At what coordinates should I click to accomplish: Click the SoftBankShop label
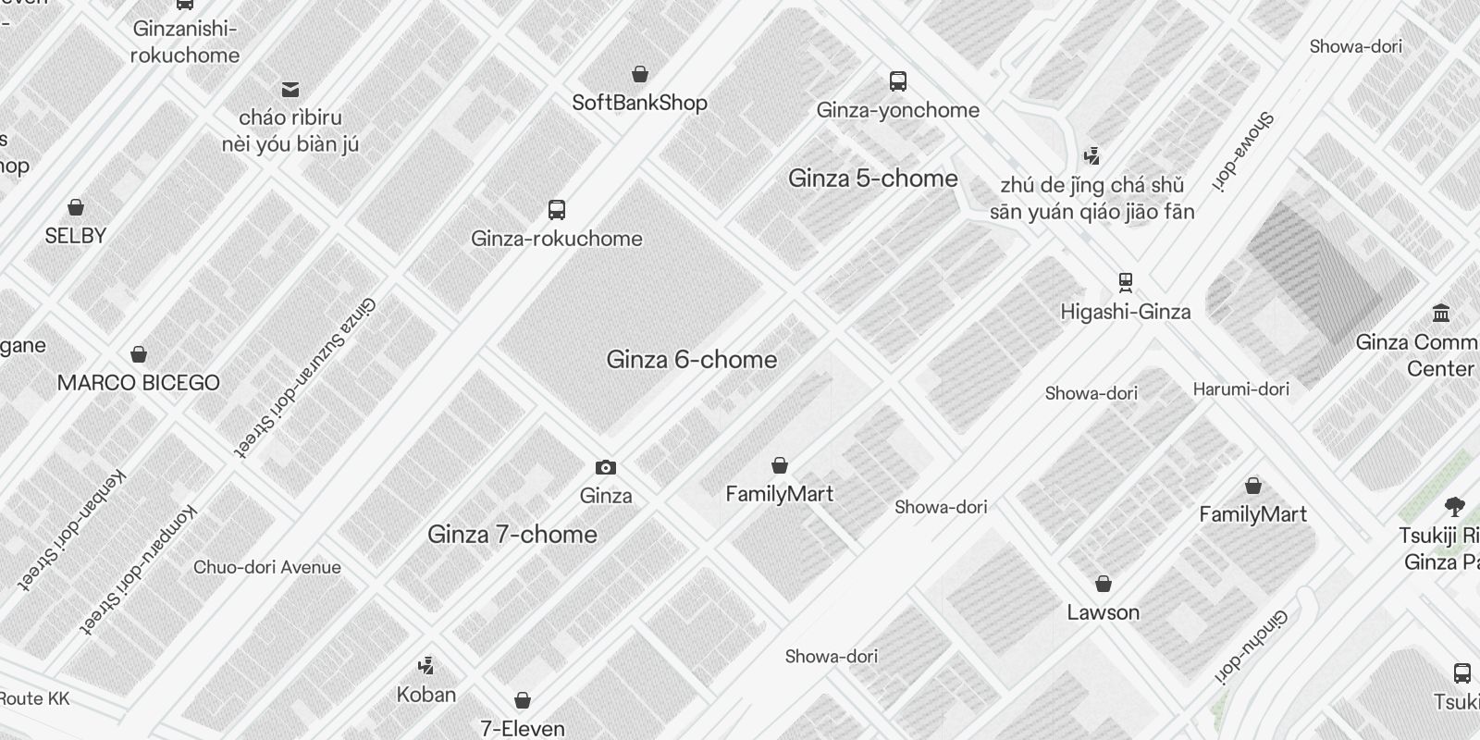(639, 103)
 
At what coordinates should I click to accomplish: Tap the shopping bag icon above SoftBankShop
(639, 74)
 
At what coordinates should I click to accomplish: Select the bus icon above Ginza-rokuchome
(556, 210)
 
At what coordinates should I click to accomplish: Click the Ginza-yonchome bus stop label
(897, 110)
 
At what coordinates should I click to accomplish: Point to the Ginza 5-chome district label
(872, 179)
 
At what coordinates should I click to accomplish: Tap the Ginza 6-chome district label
(691, 360)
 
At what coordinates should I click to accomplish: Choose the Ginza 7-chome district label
(512, 535)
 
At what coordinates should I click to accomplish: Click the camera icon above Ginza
(606, 468)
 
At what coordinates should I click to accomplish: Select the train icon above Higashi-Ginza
(1125, 281)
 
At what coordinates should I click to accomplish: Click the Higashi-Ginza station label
(1125, 312)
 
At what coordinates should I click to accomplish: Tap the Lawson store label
(1103, 612)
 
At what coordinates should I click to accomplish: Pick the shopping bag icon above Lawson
(1103, 584)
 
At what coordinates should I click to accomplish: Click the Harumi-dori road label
(1240, 389)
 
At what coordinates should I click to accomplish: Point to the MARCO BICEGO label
(138, 383)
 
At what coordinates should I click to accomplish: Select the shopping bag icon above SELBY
(76, 207)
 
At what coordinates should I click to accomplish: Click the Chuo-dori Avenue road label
(266, 567)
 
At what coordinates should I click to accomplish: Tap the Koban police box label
(425, 695)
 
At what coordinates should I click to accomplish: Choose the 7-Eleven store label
(522, 728)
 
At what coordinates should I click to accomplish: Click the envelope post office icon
(290, 90)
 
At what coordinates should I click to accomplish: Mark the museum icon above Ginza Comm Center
(1440, 313)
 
